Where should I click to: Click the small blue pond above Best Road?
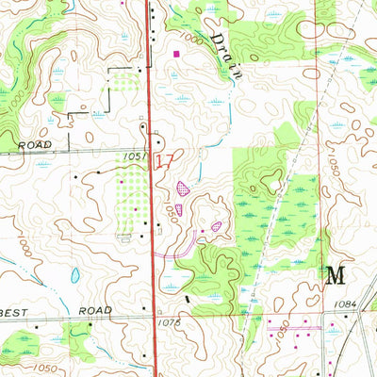(74, 276)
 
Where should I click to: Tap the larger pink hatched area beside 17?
(181, 188)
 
